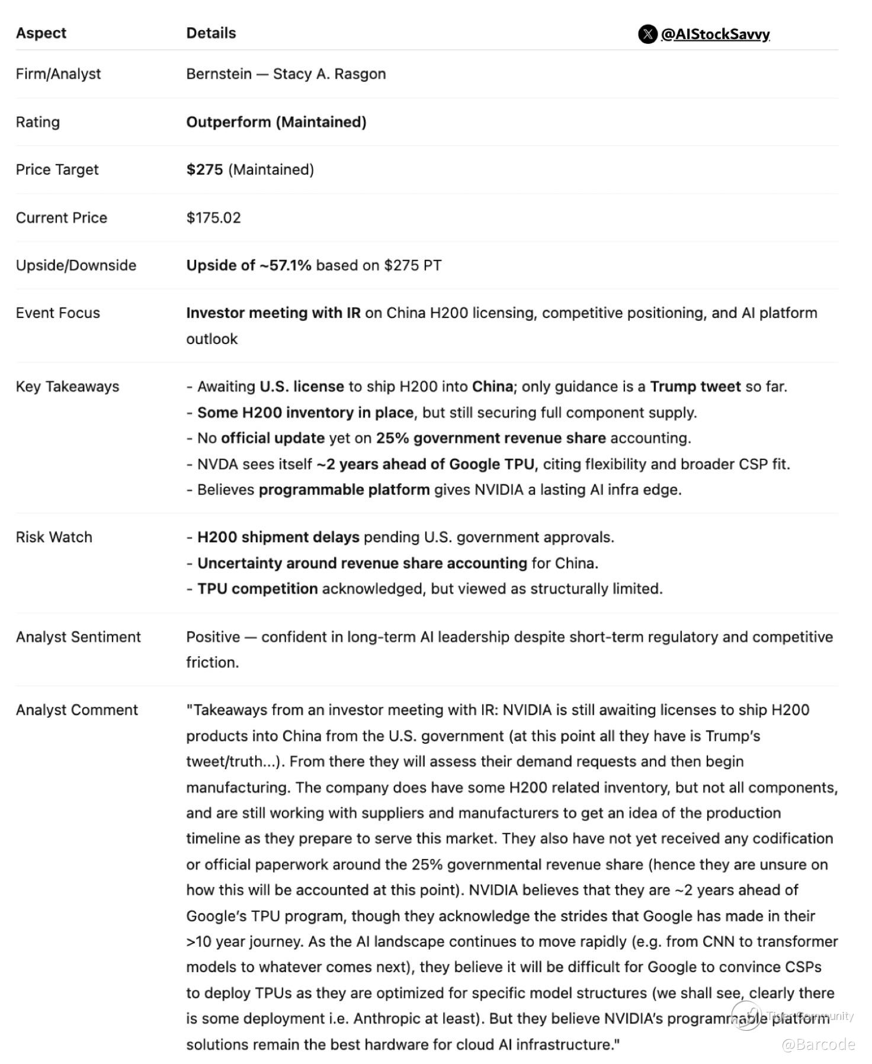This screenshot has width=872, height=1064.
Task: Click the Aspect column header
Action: [x=41, y=33]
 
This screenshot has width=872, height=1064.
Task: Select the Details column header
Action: [x=211, y=33]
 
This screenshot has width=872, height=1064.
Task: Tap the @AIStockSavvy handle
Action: [x=715, y=34]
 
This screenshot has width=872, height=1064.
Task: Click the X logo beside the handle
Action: [x=647, y=34]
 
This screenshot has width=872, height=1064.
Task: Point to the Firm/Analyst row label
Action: [x=58, y=74]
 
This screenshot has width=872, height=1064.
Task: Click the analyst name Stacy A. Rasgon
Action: [x=329, y=74]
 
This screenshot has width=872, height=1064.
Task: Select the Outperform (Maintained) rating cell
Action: [x=276, y=122]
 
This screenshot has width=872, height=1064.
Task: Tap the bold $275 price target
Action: [x=204, y=170]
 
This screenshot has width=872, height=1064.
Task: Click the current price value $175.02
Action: [x=213, y=218]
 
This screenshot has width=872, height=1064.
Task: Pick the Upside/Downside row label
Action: [x=76, y=265]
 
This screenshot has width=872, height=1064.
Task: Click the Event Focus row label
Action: [x=57, y=313]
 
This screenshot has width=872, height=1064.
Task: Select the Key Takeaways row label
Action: [x=67, y=387]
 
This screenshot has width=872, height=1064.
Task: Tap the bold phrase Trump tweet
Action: [x=695, y=387]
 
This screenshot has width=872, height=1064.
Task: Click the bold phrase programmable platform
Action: [x=344, y=490]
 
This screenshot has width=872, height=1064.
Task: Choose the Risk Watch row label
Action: [x=54, y=538]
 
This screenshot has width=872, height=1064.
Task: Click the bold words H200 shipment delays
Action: [x=278, y=538]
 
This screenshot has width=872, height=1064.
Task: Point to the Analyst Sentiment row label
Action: [x=78, y=637]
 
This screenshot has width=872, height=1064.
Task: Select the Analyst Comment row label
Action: [x=76, y=710]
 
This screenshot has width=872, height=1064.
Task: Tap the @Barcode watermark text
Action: [x=818, y=1044]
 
